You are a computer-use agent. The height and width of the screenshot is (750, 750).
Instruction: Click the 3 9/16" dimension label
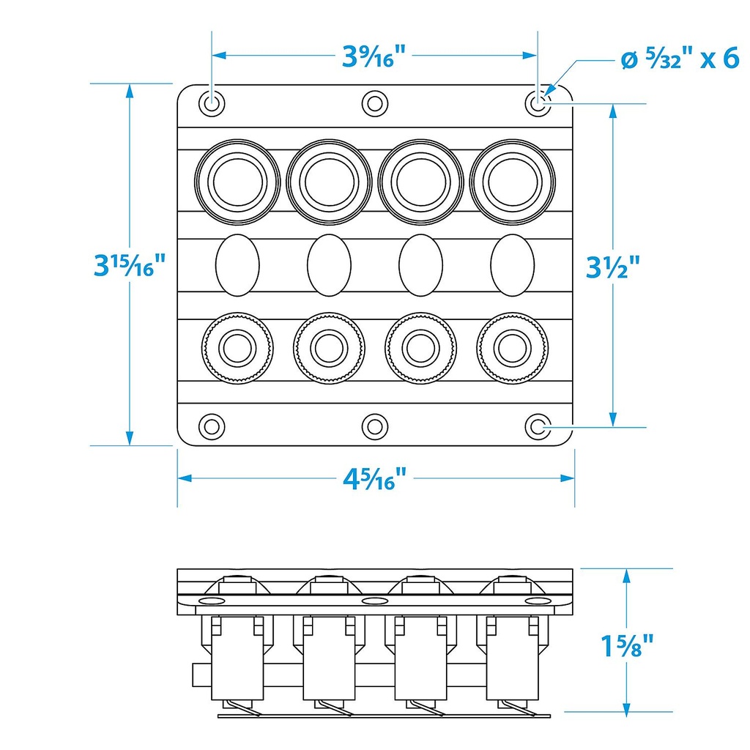point(374,56)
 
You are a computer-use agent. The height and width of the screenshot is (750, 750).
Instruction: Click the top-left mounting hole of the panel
point(212,103)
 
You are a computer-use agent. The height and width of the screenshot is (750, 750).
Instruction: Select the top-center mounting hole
point(375,103)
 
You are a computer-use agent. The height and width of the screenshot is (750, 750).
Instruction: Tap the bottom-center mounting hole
point(375,426)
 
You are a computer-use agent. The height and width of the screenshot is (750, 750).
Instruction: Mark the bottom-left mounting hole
point(212,426)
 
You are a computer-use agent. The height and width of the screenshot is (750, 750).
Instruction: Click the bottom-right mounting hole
point(538,426)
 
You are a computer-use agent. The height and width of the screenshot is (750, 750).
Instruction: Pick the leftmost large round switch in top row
point(238,181)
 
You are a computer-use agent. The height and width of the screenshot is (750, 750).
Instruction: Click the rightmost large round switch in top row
point(512,181)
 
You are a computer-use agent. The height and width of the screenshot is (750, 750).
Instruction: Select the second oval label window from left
point(330,265)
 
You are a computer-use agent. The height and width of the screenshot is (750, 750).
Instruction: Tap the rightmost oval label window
point(513,265)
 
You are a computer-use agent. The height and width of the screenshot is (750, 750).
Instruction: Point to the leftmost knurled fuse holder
point(238,349)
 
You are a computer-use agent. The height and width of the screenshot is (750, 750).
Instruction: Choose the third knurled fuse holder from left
point(421,349)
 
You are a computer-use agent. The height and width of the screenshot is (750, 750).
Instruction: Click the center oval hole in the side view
point(375,601)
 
